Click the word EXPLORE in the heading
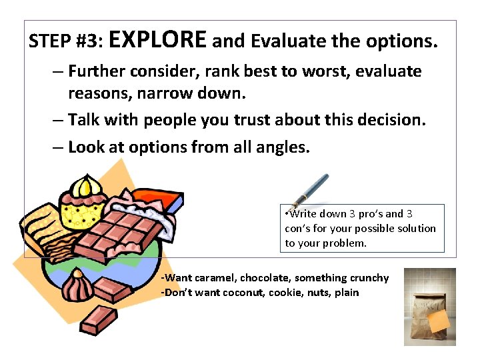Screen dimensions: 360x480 pos(157,40)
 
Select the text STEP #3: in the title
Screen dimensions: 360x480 pos(65,42)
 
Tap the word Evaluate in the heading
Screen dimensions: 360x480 pos(289,41)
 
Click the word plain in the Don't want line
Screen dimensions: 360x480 pos(347,293)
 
